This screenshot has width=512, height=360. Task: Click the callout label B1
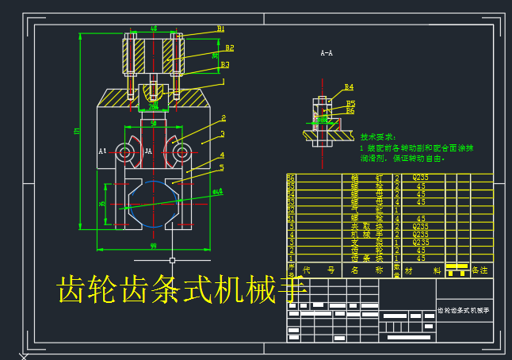(221, 29)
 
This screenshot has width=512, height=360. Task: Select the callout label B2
(229, 48)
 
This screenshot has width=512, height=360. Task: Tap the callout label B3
(225, 65)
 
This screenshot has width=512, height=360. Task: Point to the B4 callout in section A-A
(349, 87)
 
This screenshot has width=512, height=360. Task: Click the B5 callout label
(350, 103)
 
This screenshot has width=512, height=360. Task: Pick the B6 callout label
(350, 111)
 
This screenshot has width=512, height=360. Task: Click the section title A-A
(326, 54)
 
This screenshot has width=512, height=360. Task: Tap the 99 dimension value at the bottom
(153, 247)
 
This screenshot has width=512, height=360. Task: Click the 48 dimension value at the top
(154, 29)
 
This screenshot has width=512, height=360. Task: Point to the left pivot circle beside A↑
(125, 151)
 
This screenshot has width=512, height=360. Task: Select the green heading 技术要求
(377, 136)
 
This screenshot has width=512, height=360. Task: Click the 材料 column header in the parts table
(421, 270)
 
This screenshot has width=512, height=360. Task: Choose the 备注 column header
(480, 270)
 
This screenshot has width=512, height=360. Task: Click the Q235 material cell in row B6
(420, 178)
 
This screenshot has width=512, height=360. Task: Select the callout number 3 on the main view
(223, 134)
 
